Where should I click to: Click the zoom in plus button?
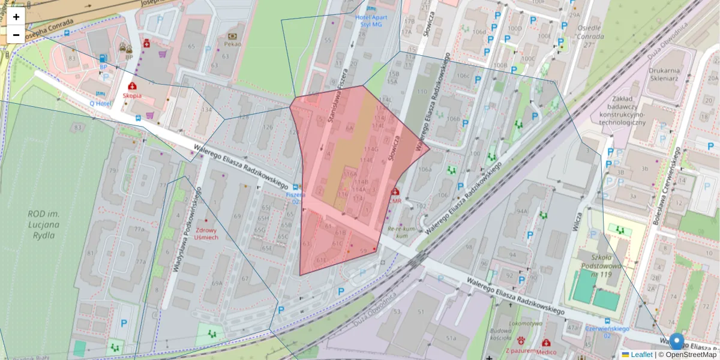[16, 17]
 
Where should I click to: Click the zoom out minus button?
[16, 35]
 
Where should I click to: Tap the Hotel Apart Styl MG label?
[371, 21]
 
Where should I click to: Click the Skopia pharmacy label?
[132, 95]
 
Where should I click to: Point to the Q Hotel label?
[101, 103]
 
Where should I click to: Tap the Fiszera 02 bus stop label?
[295, 198]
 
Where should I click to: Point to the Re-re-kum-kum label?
[401, 233]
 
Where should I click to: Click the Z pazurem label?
[520, 351]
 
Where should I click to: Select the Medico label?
[547, 352]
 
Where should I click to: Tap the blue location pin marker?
[677, 341]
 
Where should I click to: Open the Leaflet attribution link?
[641, 355]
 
